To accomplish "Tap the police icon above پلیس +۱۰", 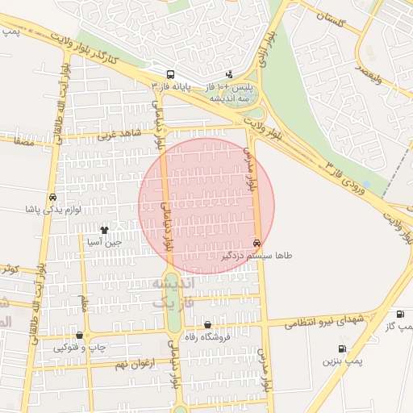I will (x=229, y=73).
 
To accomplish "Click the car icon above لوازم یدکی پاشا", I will (x=52, y=198).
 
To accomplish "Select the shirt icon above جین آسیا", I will (x=103, y=230).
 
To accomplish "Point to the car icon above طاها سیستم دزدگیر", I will (x=257, y=243).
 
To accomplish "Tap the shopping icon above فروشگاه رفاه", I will (x=207, y=324).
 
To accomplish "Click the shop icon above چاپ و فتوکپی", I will (x=79, y=336).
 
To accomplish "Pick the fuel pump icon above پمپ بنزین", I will (x=342, y=349).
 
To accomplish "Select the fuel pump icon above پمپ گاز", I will (x=399, y=314).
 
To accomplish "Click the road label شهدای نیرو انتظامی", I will (x=327, y=319).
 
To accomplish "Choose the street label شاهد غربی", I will (x=118, y=134).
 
